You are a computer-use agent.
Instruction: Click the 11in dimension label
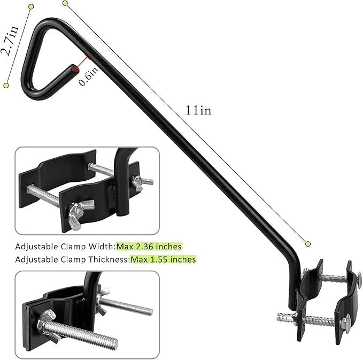(199, 110)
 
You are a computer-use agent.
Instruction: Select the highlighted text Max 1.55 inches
(164, 259)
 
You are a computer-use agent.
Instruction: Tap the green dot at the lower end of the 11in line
(308, 244)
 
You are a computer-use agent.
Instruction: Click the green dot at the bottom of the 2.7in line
(6, 85)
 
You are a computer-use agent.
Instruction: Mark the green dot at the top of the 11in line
(65, 3)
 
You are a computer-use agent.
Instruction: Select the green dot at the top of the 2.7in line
(31, 6)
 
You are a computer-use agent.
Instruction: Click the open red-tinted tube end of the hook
(74, 68)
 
